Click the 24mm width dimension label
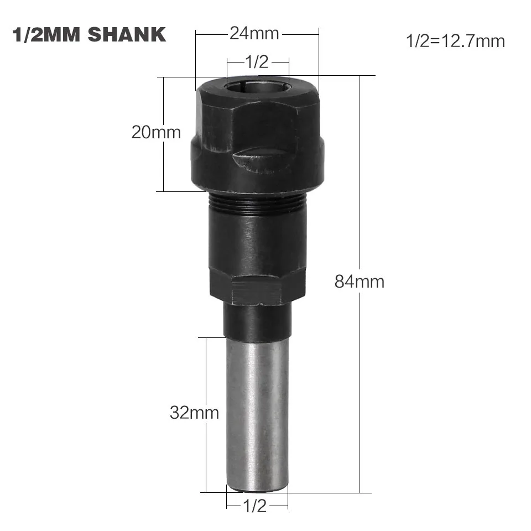255,34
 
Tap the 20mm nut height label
156,133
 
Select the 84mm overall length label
359,282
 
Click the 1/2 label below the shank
255,506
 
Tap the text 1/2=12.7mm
455,40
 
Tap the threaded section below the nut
257,203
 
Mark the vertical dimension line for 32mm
206,376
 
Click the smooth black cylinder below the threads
257,238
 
